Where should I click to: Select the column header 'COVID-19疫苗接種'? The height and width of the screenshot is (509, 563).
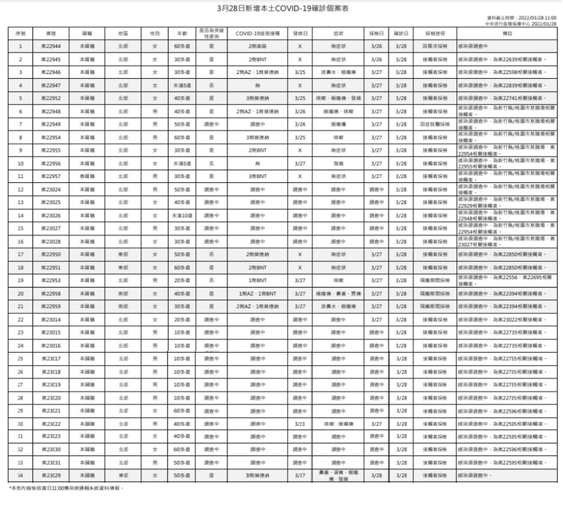257,33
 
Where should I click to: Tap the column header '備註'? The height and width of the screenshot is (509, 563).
507,33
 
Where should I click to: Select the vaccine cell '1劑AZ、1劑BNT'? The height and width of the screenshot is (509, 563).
257,294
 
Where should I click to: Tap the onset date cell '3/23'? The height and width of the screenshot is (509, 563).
300,424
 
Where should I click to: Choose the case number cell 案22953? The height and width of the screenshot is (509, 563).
51,281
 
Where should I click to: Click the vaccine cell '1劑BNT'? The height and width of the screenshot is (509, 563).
257,281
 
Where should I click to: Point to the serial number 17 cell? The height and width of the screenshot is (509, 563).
20,254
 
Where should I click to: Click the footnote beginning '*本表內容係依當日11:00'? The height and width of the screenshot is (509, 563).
67,488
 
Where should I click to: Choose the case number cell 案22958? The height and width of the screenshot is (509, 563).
51,294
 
